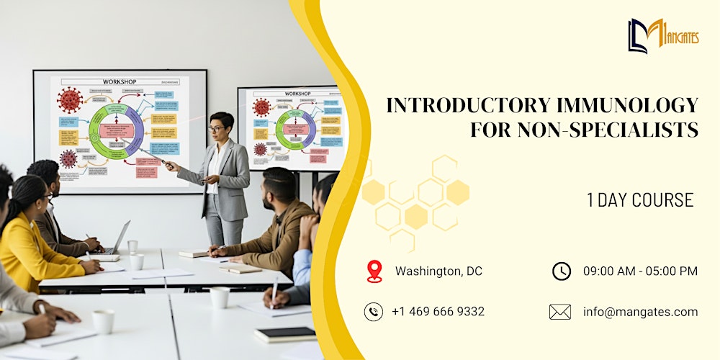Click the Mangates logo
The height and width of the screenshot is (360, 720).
[663, 35]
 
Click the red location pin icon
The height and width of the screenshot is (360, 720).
[374, 271]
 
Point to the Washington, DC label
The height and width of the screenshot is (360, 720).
[438, 271]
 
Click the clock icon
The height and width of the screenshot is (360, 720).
[562, 271]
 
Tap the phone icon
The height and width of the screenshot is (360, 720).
[374, 312]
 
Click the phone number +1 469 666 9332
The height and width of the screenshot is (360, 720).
[438, 312]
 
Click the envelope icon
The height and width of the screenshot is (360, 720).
[559, 312]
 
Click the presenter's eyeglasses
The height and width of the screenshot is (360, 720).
[216, 129]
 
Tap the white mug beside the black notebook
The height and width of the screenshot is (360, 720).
[220, 297]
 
